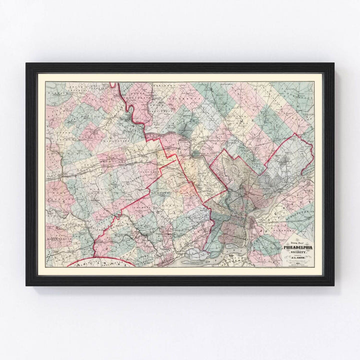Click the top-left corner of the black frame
click(x=27, y=64)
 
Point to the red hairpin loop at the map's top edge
click(x=113, y=86)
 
